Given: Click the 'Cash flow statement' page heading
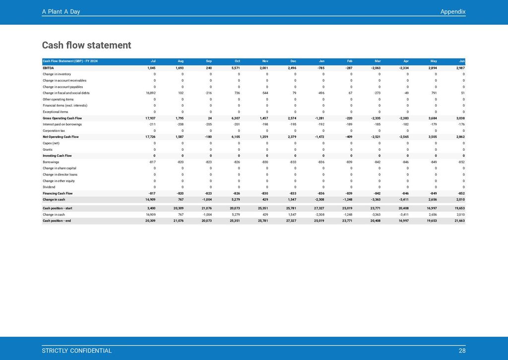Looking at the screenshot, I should point(86,46).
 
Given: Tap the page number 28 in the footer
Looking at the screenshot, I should point(462,351).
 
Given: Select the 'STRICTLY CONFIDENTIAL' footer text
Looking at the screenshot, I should point(77,351).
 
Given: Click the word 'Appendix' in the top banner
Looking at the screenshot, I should point(452,12).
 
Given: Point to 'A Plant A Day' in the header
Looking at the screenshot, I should point(61,12).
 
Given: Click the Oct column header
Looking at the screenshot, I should point(237,61).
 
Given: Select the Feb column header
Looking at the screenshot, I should point(349,61).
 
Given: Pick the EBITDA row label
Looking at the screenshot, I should point(49,67).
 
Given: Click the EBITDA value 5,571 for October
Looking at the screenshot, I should point(236,67).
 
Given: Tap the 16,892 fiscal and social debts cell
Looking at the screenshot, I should point(150,93).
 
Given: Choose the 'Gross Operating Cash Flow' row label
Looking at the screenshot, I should point(62,118).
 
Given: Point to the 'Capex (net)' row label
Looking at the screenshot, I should point(52,143).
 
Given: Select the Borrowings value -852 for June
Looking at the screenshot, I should point(461,162).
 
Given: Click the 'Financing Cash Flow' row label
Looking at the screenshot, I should point(58,193).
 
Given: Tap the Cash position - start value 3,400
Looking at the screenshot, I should point(151,208).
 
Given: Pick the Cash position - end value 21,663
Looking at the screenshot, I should point(459,221).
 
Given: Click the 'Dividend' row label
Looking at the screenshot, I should point(49,187).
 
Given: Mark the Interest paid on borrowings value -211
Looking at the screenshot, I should point(152,124).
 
